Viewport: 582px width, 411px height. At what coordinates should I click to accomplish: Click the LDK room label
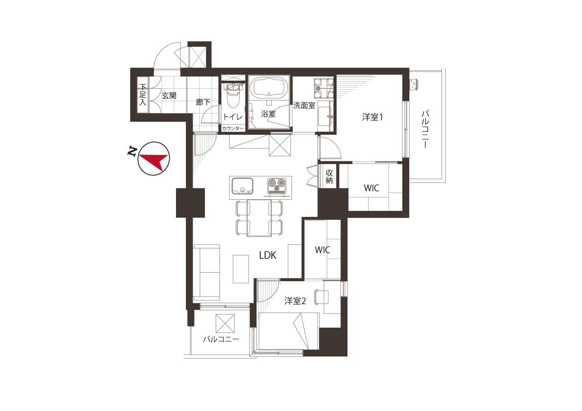click(x=268, y=256)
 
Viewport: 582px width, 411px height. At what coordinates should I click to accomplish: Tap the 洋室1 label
click(x=372, y=117)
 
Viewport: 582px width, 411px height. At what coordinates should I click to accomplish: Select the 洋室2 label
click(x=295, y=301)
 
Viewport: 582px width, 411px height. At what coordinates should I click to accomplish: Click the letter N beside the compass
click(x=132, y=152)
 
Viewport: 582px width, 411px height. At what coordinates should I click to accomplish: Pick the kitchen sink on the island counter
click(x=242, y=186)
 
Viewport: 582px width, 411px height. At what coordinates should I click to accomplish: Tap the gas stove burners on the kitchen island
click(x=277, y=186)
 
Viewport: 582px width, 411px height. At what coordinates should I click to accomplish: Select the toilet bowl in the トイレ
click(x=233, y=98)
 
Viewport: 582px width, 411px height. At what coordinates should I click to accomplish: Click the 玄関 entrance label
click(x=169, y=96)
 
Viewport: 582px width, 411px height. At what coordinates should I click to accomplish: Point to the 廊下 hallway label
click(x=203, y=102)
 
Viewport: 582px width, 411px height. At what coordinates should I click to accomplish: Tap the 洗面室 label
click(x=304, y=105)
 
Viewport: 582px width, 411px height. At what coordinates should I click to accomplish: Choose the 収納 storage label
click(x=329, y=177)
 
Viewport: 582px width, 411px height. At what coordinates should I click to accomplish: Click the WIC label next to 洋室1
click(x=371, y=188)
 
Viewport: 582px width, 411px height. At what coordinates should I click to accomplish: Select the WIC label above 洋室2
click(x=322, y=250)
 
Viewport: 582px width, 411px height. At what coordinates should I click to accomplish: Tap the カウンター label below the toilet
click(x=233, y=128)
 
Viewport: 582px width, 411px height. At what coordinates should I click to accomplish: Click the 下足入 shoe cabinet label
click(x=143, y=95)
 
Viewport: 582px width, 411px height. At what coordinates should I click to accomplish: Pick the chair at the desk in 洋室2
click(x=321, y=297)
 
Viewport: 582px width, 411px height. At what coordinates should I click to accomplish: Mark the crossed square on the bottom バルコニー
click(x=225, y=323)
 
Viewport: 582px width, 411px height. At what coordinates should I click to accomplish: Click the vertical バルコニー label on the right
click(x=425, y=129)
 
